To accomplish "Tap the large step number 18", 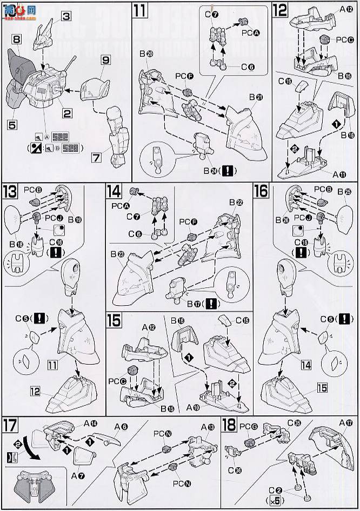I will click(230, 425).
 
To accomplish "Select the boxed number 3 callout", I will click(66, 17).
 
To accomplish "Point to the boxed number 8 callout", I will click(16, 39).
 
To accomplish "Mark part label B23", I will click(117, 253).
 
